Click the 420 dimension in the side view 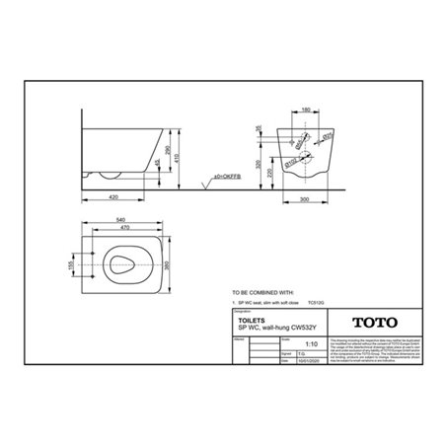point(116,196)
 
